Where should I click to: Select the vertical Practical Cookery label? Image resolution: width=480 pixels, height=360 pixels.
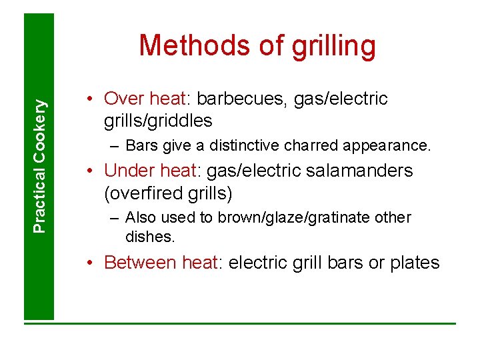41,166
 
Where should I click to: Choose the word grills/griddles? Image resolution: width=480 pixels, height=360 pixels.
158,121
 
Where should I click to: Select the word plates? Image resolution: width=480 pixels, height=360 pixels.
414,263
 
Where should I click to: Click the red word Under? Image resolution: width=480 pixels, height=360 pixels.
126,171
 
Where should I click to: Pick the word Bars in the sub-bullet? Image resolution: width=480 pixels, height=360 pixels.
139,145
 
